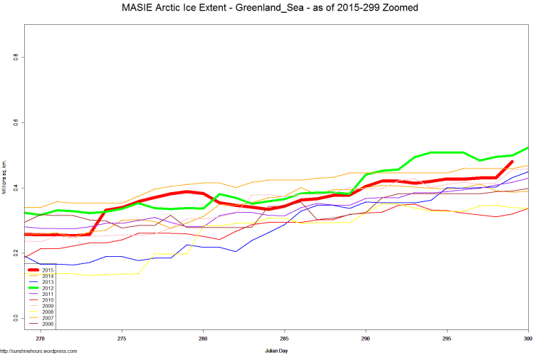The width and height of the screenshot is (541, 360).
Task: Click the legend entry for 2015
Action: (48, 270)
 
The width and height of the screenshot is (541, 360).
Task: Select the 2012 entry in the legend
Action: (48, 288)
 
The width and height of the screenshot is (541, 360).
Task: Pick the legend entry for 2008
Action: (48, 311)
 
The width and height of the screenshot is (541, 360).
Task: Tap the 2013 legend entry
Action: (48, 282)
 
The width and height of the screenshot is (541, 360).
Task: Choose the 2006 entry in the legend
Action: (48, 323)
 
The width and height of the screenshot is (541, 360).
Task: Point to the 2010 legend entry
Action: (48, 300)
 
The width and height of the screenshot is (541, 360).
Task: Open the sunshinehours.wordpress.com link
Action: (38, 351)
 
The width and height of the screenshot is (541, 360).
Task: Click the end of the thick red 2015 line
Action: (512, 162)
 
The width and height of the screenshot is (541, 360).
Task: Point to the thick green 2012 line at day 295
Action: (446, 152)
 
